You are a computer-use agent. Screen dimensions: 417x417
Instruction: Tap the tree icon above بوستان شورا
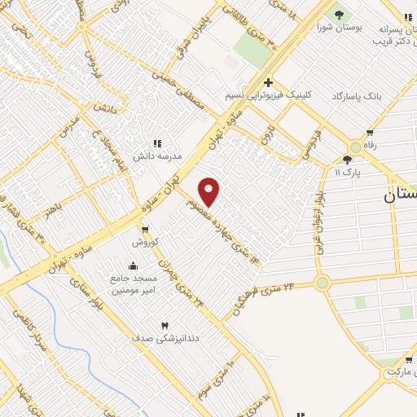[339, 14]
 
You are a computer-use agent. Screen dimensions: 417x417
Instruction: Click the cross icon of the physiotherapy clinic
[268, 82]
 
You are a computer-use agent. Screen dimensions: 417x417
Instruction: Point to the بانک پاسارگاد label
[357, 96]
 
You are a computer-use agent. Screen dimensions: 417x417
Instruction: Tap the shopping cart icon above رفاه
[370, 133]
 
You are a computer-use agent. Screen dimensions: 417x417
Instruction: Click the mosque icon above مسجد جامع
[133, 266]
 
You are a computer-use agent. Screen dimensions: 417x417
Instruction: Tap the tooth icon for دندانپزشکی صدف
[165, 325]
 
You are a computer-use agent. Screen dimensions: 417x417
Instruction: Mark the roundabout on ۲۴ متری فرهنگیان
[323, 283]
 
